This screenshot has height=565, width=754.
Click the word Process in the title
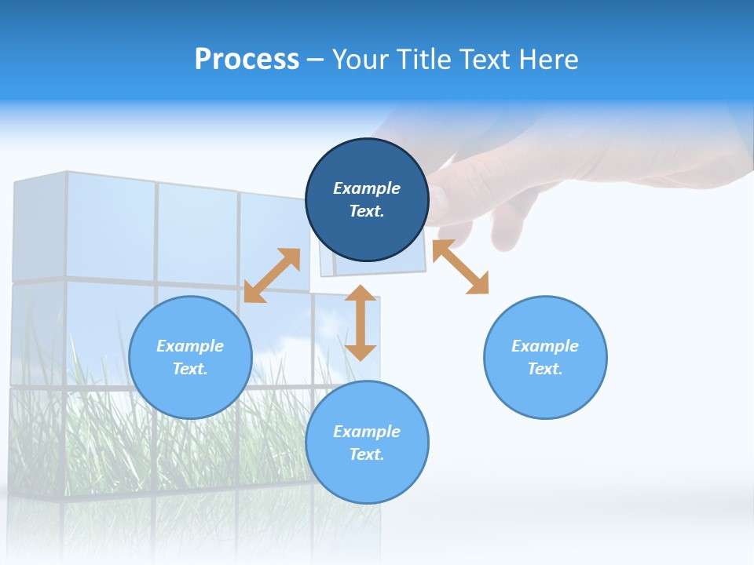coord(247,60)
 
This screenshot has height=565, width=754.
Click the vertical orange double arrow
coord(361,323)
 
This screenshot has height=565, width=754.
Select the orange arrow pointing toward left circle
coord(272,275)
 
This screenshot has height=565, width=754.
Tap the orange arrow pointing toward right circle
coord(460,267)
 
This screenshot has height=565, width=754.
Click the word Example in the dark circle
coord(367,188)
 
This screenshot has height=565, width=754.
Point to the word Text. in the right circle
coord(545,369)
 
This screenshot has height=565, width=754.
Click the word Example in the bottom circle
coord(367,432)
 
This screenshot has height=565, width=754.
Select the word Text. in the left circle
coord(190,369)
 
